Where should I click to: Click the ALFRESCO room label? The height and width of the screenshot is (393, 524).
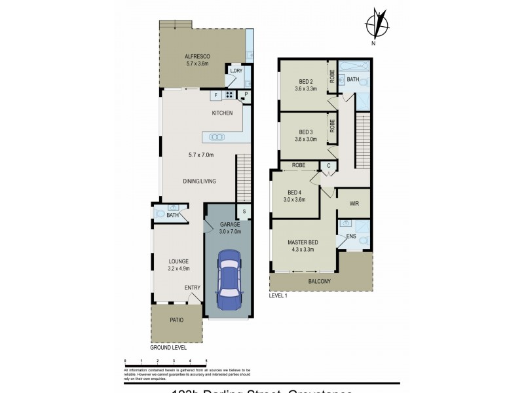196,57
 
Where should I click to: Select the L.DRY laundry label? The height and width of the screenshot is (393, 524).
235,71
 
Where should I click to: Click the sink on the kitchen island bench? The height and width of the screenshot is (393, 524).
217,137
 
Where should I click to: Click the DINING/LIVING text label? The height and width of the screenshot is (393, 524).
200,181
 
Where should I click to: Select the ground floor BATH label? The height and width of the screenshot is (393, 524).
172,215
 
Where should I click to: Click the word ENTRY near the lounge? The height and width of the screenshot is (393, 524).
192,288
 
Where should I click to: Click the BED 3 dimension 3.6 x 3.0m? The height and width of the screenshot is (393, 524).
306,139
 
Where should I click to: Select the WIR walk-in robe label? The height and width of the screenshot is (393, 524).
353,203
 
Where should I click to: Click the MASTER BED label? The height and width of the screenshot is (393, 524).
303,242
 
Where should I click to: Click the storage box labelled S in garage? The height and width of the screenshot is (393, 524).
243,211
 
